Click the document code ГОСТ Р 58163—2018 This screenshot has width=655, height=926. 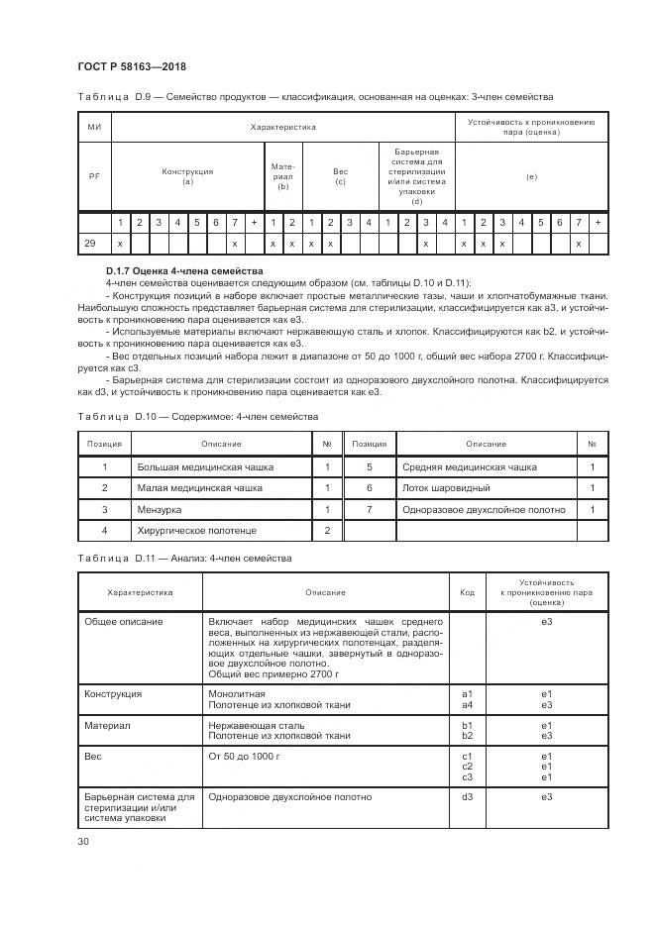tap(131, 66)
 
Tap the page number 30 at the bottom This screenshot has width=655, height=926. tap(83, 841)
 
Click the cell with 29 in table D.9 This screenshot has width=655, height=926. tap(91, 243)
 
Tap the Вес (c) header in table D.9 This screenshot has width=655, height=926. tap(340, 177)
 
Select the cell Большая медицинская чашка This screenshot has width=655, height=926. tap(205, 466)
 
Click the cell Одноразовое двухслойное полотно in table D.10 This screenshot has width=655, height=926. tap(484, 509)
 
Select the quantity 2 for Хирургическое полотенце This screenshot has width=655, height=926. tap(327, 531)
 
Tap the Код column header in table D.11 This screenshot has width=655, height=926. tap(467, 592)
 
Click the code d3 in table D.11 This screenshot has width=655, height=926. tap(467, 796)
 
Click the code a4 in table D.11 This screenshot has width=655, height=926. tap(467, 704)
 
